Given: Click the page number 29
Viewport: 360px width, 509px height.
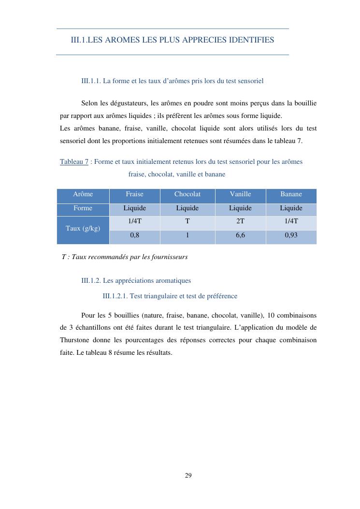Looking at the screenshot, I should [188, 476].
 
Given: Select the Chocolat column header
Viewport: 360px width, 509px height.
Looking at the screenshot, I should [187, 194].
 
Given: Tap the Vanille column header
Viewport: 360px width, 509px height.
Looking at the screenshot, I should [240, 194].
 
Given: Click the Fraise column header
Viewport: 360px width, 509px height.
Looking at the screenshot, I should [134, 194].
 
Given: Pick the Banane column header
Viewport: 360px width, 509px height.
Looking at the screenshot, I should [291, 194].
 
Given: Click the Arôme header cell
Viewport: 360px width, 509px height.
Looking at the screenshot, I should [83, 194].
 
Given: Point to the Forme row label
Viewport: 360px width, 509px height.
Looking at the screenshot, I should [83, 208].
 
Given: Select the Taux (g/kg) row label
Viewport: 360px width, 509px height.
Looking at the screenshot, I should [83, 228].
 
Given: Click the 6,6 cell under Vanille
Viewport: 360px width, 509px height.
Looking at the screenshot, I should [240, 237].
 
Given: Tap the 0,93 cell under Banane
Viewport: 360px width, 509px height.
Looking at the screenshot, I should [291, 237].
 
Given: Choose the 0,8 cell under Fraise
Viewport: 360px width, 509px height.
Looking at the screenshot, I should [134, 237].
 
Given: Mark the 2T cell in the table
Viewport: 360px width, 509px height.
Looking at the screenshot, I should [240, 221].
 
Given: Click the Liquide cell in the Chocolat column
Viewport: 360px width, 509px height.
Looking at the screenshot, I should [187, 208].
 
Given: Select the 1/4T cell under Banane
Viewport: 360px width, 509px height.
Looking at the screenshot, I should [291, 221].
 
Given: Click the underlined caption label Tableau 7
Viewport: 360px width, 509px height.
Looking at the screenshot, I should [74, 162].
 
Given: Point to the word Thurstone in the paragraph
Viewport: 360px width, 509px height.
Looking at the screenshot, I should [75, 340].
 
